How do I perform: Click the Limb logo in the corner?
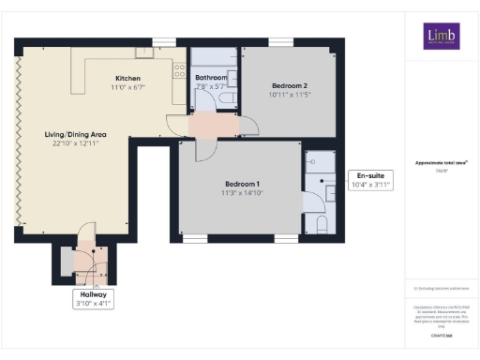click(435, 36)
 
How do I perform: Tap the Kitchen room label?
click(128, 78)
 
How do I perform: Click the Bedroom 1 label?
click(242, 183)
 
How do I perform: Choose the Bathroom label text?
click(210, 78)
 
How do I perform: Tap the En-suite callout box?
click(368, 180)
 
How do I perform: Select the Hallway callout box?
click(92, 297)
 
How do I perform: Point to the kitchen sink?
click(144, 52)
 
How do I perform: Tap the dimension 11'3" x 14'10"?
click(242, 192)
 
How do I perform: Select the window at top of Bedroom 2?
click(279, 42)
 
